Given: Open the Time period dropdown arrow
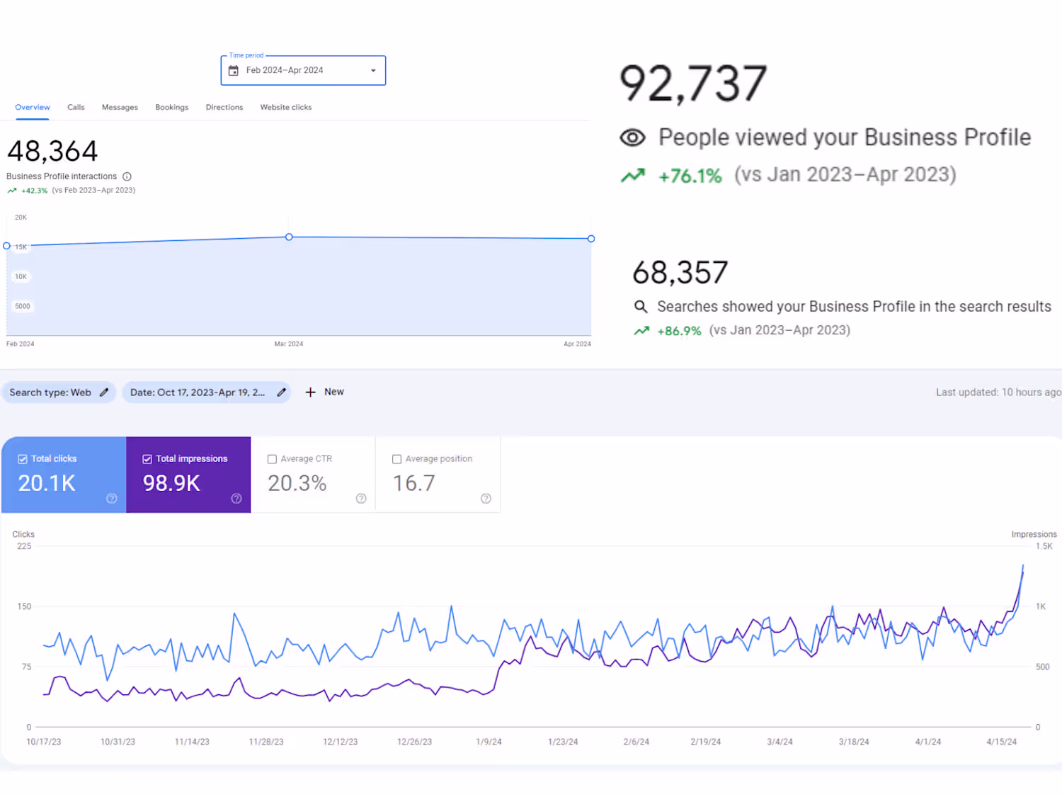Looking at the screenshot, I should tap(373, 71).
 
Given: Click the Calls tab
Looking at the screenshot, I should tap(76, 108).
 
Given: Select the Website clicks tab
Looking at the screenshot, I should tap(285, 108).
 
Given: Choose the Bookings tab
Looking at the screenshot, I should tap(171, 108).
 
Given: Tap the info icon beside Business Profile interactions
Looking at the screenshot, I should tap(127, 176).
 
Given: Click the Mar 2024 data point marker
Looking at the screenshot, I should tap(289, 237).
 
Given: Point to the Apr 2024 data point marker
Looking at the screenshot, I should tap(591, 239).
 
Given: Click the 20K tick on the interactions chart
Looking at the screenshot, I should tap(21, 217).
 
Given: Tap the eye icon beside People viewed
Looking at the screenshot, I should tap(632, 138).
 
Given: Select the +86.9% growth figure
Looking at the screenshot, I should tap(679, 331).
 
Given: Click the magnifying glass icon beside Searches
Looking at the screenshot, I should tap(641, 307).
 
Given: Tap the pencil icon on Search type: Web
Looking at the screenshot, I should tap(104, 392).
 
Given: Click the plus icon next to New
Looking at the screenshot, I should tap(310, 392).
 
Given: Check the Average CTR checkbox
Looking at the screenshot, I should tap(272, 459).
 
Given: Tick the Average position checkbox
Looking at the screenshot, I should tap(396, 459).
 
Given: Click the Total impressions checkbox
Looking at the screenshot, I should tap(147, 459).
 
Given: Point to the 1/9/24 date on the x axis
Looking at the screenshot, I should tap(489, 742).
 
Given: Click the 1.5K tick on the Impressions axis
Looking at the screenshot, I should tap(1044, 546).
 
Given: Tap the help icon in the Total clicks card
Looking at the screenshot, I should tap(112, 499).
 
